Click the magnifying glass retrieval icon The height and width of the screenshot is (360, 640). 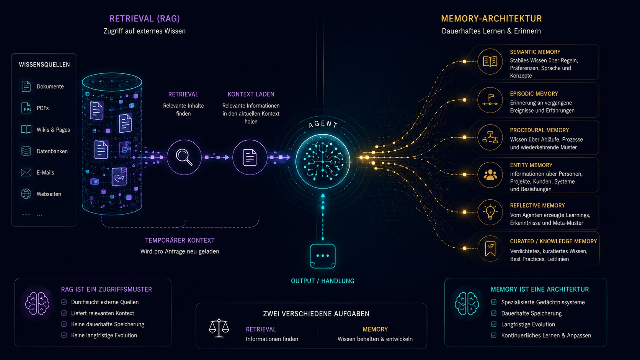tap(184, 157)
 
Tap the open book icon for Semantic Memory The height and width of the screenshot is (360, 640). tap(490, 61)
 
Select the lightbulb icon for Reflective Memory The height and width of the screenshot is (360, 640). tap(490, 212)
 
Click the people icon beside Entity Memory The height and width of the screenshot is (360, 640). tap(490, 175)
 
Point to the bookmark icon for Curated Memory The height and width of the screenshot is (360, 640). tap(490, 249)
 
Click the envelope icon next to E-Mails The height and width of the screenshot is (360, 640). tap(26, 173)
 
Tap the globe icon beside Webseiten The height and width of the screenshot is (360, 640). tap(26, 194)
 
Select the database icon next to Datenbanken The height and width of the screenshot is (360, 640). tap(26, 151)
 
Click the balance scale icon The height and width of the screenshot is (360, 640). tap(219, 328)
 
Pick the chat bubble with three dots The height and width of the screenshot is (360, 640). tap(323, 256)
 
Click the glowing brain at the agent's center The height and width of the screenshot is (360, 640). tap(323, 161)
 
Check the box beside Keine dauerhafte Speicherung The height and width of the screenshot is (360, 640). tap(64, 324)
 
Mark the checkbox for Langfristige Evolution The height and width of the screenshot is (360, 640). tap(494, 324)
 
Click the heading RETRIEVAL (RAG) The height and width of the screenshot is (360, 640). tap(145, 19)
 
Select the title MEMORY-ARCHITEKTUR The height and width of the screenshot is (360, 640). tap(491, 19)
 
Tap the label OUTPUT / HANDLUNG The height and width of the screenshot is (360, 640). tap(323, 281)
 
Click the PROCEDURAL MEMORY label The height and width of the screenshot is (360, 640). tap(539, 130)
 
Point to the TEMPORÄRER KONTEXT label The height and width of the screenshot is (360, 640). tap(180, 240)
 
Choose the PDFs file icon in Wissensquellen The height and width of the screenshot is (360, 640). tap(26, 108)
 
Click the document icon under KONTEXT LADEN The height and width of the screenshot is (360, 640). tap(250, 157)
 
